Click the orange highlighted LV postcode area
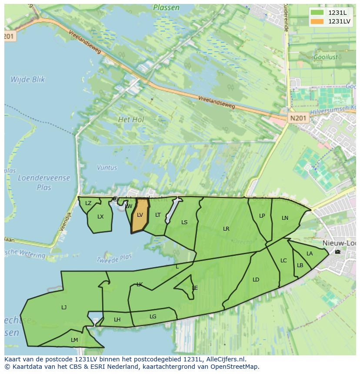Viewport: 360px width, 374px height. point(140,215)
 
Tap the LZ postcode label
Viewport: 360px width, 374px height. point(88,203)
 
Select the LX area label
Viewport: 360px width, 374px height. point(100,217)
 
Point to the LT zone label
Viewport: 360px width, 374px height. point(158,215)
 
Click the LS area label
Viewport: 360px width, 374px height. point(184,222)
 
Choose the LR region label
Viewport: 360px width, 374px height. point(226,229)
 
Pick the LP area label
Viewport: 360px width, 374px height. point(262,216)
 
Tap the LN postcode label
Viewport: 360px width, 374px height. point(285,218)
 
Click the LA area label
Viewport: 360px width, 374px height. point(310,254)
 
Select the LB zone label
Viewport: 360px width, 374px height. point(300,265)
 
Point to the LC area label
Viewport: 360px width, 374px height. point(283,261)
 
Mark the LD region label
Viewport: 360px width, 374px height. point(256,280)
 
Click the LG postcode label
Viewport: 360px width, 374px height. point(153,317)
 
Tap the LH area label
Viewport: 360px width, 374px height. point(117,320)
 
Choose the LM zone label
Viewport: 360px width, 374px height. point(74,340)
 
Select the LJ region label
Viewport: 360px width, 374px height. point(64,308)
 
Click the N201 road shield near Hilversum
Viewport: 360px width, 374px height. point(298,118)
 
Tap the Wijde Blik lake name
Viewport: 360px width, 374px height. point(28,79)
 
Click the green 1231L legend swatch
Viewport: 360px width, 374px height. point(317,13)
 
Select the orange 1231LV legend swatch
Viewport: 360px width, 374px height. point(317,21)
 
